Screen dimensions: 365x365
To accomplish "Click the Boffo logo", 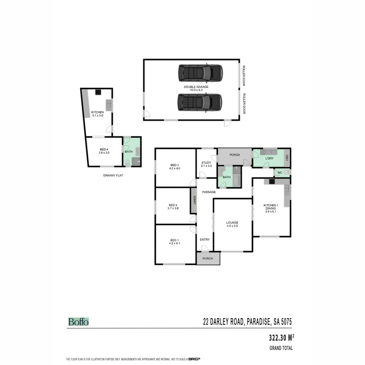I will [78, 322].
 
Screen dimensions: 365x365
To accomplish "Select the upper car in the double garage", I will [200, 73].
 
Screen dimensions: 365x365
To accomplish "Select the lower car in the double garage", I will [200, 102].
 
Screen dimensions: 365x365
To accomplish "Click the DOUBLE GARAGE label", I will [196, 87].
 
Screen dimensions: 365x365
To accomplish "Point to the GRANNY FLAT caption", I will [113, 175].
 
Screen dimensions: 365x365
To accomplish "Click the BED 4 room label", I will [103, 149].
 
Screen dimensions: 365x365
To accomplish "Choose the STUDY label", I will [206, 163].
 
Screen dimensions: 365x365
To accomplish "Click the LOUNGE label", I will [233, 223].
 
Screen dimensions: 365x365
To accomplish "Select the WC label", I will [280, 173].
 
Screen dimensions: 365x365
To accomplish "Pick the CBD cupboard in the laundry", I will [287, 158].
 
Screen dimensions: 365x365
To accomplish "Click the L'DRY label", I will [269, 158].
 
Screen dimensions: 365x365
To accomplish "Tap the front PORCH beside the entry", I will [208, 259].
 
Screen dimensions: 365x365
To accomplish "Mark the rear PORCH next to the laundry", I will [235, 155].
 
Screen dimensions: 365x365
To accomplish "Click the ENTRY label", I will [204, 240].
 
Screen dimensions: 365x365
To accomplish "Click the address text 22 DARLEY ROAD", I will [223, 322].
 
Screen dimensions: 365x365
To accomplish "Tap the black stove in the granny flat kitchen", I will [98, 91].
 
